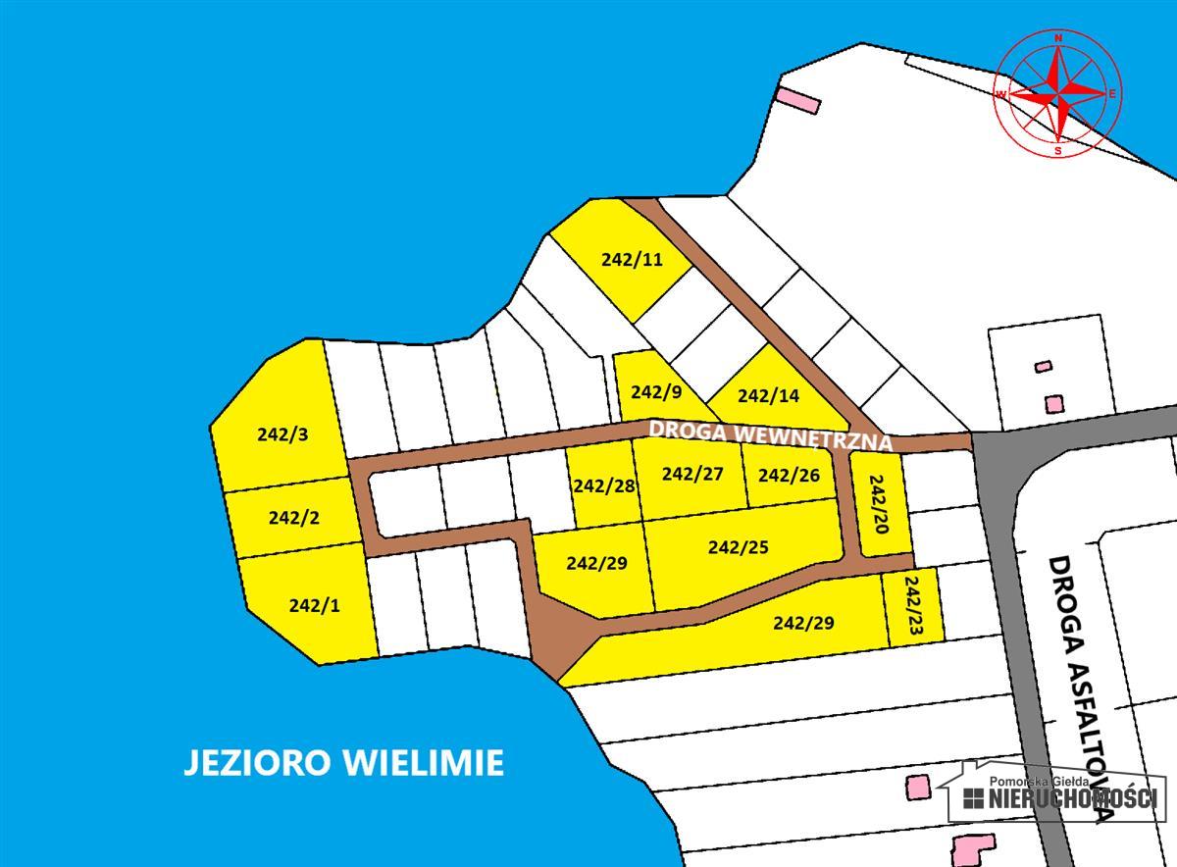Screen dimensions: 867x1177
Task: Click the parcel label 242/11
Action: click(633, 260)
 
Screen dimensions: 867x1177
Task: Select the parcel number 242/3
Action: click(282, 433)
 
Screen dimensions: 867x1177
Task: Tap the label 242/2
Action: click(293, 518)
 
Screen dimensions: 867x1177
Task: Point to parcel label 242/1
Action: click(314, 605)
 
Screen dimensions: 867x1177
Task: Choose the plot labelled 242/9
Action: click(656, 392)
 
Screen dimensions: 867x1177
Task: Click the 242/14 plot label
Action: click(768, 396)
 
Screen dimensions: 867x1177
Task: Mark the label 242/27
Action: click(692, 475)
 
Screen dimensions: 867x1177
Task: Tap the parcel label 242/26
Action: click(789, 476)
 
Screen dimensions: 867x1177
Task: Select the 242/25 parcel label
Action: click(739, 547)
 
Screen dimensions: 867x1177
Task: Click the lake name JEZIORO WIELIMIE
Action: click(343, 762)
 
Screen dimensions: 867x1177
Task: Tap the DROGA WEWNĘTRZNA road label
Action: click(771, 434)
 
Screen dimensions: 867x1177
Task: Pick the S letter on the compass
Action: click(1057, 151)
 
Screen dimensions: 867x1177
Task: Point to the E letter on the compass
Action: click(1113, 94)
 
